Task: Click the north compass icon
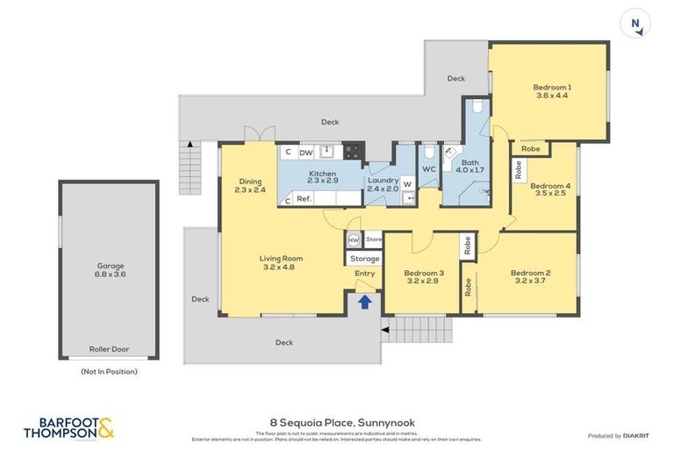(x=635, y=24)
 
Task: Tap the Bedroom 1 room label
(x=552, y=91)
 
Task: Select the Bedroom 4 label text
(x=550, y=189)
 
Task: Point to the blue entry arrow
(x=364, y=303)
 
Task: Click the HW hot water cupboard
(x=354, y=239)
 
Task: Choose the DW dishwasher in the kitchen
(x=305, y=153)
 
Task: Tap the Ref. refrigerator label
(x=304, y=199)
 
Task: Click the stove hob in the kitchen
(x=353, y=151)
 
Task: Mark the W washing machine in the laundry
(x=407, y=184)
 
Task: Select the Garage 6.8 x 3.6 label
(x=111, y=270)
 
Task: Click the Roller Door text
(x=109, y=349)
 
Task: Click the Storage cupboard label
(x=364, y=259)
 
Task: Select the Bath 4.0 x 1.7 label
(x=470, y=166)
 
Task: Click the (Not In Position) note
(x=108, y=371)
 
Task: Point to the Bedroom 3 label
(x=423, y=277)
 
